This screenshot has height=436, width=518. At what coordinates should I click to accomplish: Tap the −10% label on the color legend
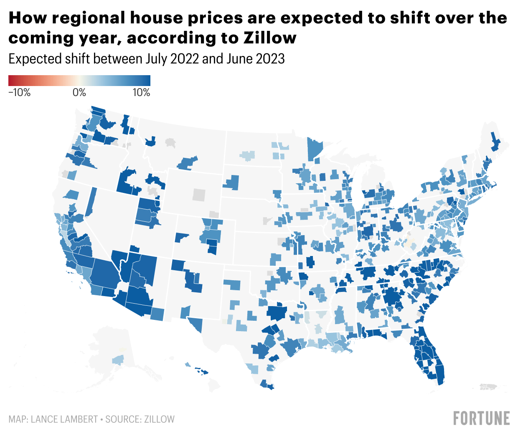tap(20, 93)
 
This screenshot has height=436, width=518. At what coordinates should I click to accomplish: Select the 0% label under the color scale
tap(79, 93)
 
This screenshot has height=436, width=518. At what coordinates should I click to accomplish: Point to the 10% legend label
tap(141, 93)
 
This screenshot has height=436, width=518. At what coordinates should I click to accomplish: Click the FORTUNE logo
tap(482, 418)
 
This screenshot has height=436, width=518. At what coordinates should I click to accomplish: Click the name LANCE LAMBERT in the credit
tap(64, 419)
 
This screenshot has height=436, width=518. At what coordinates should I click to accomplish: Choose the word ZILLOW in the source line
tap(160, 419)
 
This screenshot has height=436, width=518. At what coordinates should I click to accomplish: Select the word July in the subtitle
tap(155, 59)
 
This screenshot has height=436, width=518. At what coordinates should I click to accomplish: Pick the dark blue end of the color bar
tap(147, 81)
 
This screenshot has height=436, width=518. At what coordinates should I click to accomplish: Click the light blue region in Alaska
tap(118, 360)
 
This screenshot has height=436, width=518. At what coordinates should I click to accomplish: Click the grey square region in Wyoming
tap(199, 195)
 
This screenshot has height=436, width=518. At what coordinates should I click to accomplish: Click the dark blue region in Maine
tap(495, 142)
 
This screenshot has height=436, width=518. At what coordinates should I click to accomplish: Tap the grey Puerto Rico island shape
tap(493, 387)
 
